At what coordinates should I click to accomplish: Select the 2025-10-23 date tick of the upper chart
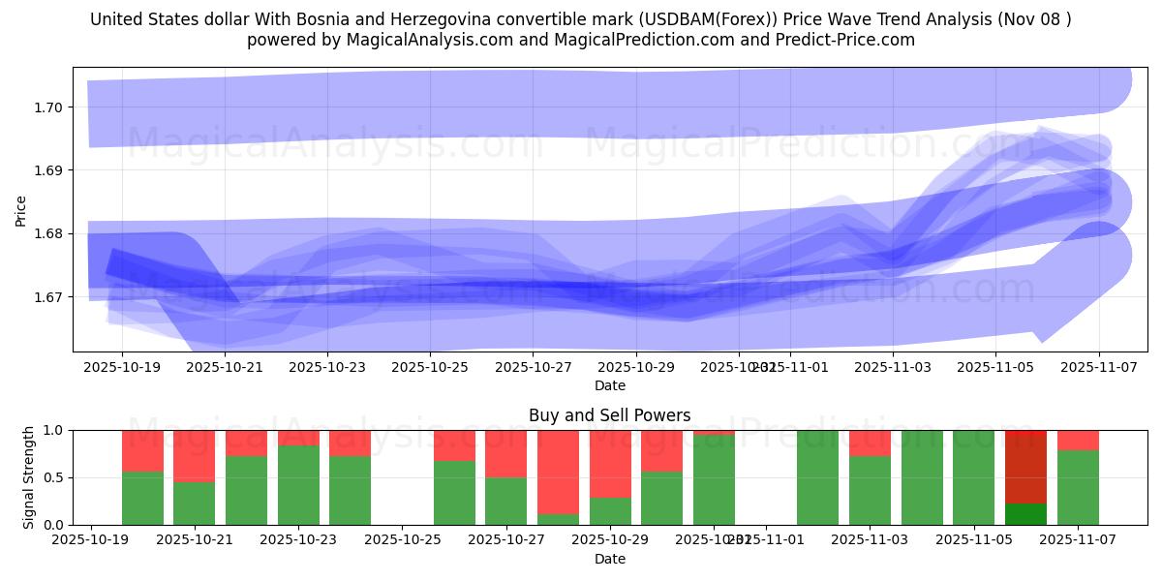click(327, 367)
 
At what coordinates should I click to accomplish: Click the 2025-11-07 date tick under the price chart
click(1099, 367)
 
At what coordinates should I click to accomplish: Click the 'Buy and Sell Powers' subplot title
click(609, 415)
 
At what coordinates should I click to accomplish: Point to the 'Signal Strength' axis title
click(29, 477)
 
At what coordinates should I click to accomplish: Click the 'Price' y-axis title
click(21, 210)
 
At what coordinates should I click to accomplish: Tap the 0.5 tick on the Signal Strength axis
click(53, 477)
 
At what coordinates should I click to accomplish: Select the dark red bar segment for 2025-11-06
click(1025, 467)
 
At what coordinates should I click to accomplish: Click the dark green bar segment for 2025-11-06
click(1025, 514)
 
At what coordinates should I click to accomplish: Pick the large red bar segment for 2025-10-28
click(558, 472)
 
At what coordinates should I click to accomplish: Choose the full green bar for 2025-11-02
click(817, 477)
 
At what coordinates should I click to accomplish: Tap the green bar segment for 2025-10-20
click(142, 498)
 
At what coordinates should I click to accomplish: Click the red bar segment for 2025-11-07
click(1078, 440)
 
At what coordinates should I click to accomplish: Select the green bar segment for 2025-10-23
click(298, 485)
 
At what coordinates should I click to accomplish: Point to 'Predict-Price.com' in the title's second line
click(847, 40)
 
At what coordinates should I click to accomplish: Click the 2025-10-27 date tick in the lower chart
click(505, 540)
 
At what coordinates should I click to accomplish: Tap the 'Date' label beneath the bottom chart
click(609, 559)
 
